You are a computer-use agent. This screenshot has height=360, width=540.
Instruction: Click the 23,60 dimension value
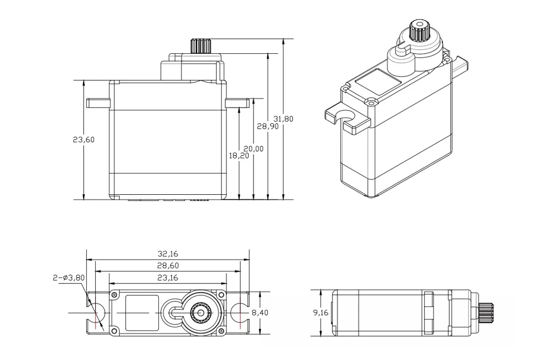[83, 140]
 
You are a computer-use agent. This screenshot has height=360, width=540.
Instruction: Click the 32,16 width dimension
[168, 254]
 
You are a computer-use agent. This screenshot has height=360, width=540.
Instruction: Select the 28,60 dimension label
[168, 265]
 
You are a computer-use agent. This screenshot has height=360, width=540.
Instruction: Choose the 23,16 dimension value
[168, 278]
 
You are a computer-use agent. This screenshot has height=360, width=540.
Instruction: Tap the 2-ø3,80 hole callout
[69, 278]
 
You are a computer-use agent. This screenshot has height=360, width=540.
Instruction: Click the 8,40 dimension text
[261, 313]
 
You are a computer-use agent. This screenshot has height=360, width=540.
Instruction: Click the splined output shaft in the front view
[200, 46]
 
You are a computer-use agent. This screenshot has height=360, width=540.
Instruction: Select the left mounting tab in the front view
[98, 103]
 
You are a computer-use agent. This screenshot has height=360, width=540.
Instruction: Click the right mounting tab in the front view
[237, 103]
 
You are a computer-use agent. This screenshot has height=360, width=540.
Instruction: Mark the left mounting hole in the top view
[96, 313]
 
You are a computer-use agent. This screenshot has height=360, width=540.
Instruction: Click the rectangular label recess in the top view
[142, 313]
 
